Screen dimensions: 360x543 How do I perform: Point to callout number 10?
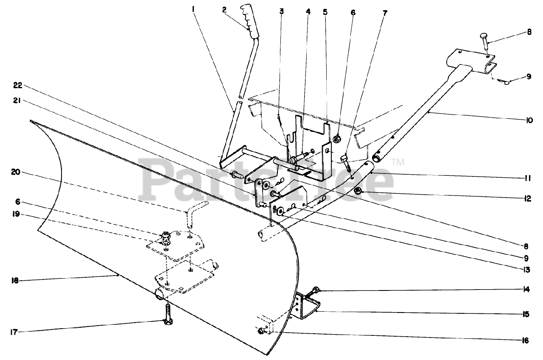[x=529, y=120]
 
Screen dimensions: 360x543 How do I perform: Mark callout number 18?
[x=16, y=280]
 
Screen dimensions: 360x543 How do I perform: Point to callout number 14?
[x=526, y=290]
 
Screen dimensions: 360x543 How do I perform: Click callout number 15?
[x=526, y=314]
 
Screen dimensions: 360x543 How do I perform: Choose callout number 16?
[x=526, y=340]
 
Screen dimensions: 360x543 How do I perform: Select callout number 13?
[x=526, y=270]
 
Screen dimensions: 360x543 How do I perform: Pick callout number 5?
[x=325, y=12]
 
